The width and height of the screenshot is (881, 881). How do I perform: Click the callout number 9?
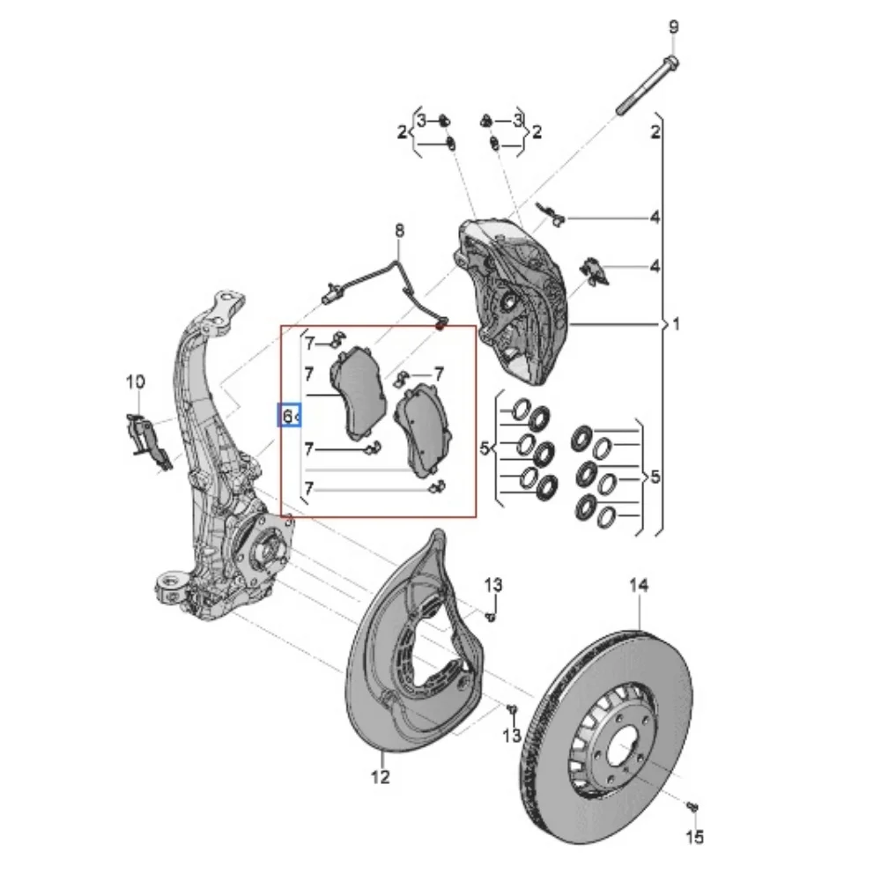click(674, 27)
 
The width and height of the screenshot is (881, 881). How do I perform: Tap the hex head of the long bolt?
click(670, 63)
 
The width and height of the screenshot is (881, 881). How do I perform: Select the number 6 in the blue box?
click(287, 417)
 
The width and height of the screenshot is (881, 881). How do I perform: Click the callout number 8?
click(399, 230)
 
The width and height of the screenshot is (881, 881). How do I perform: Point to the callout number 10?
click(135, 382)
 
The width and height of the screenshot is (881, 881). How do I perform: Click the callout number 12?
click(381, 776)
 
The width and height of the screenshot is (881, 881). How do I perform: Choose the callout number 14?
click(639, 586)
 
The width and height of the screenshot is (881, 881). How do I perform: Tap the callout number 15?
click(695, 837)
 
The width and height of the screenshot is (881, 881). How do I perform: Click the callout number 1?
click(677, 324)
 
